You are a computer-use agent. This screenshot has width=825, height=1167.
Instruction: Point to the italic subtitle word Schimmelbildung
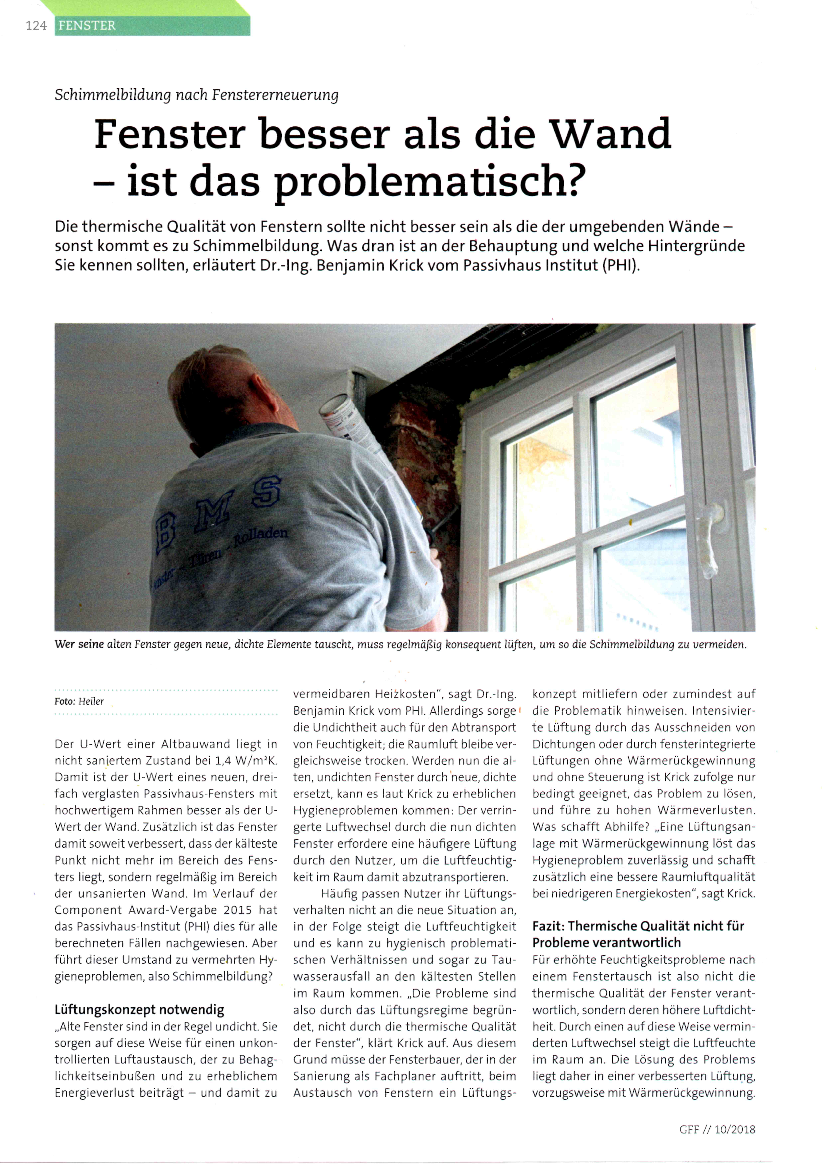tap(112, 95)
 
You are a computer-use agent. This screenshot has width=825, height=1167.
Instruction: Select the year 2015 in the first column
tap(237, 910)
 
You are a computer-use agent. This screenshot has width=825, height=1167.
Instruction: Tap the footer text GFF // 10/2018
tap(717, 1129)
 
